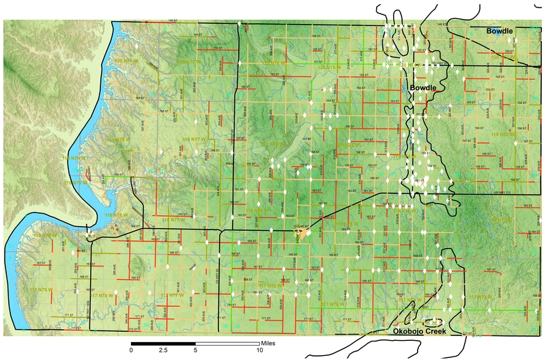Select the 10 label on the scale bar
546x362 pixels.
[x=259, y=349]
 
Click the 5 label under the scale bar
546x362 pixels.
[x=195, y=349]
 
